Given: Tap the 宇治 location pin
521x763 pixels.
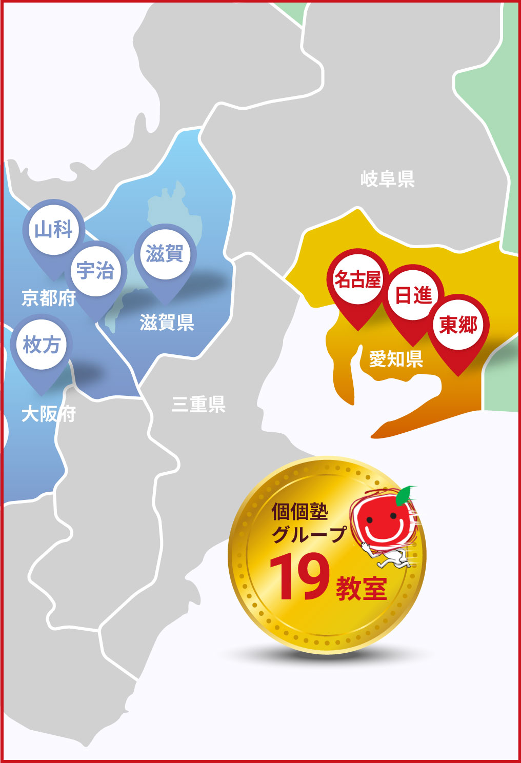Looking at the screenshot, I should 95,270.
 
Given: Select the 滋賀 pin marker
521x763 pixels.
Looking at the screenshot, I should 165,253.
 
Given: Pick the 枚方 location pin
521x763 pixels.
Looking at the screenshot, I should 42,344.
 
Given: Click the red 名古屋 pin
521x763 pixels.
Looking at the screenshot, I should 358,279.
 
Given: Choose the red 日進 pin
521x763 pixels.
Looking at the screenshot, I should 413,295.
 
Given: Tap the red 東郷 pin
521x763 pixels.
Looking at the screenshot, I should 458,325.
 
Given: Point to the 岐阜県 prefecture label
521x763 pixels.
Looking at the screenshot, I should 387,179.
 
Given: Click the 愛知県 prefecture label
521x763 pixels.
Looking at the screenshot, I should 396,359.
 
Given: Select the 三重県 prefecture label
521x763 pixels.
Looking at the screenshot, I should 198,405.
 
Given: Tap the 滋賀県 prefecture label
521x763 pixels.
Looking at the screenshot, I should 167,323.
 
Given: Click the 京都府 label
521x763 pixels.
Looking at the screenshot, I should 48,298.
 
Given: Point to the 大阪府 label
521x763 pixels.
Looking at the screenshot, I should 48,414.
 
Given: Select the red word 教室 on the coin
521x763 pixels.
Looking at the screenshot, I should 362,588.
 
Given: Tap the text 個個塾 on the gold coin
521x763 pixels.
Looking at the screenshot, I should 300,511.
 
